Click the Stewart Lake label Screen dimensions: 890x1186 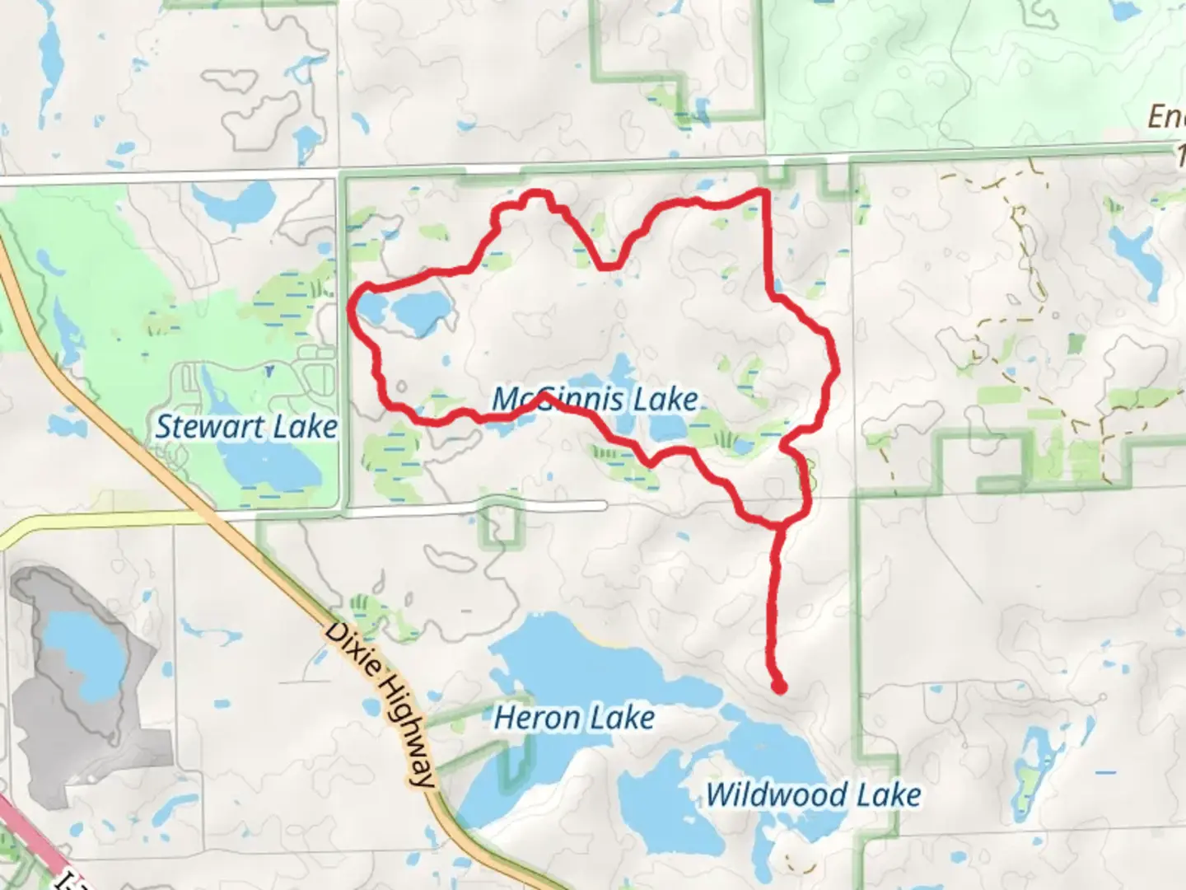246,427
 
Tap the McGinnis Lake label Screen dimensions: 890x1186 595,400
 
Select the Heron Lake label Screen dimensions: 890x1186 574,718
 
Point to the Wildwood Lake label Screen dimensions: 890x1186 813,795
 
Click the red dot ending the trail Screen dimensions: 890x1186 778,686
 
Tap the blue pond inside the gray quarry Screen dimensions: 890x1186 82,651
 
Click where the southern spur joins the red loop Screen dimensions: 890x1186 780,524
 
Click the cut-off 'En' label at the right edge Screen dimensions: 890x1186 1167,118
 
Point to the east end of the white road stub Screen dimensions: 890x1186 603,505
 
